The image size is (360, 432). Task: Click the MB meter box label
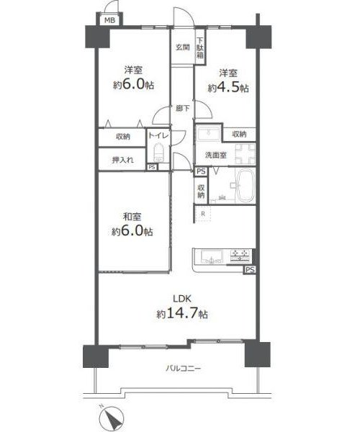(x=109, y=20)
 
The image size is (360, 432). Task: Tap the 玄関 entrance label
(x=183, y=47)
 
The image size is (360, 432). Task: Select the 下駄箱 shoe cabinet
(x=200, y=48)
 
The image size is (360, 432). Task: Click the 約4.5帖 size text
(x=228, y=88)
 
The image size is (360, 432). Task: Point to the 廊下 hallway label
(x=183, y=108)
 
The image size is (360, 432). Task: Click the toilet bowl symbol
(x=158, y=153)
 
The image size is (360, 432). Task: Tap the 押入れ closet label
(x=123, y=160)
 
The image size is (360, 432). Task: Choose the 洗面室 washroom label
(x=216, y=155)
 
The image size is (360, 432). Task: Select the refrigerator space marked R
(x=203, y=214)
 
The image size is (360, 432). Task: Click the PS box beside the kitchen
(x=250, y=270)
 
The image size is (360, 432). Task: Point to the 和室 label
(x=132, y=217)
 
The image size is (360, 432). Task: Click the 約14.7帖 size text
(x=182, y=313)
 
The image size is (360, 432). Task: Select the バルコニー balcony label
(x=183, y=368)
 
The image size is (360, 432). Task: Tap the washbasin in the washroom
(x=209, y=134)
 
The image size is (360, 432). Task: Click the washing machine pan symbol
(x=246, y=154)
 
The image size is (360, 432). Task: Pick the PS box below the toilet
(x=152, y=167)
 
